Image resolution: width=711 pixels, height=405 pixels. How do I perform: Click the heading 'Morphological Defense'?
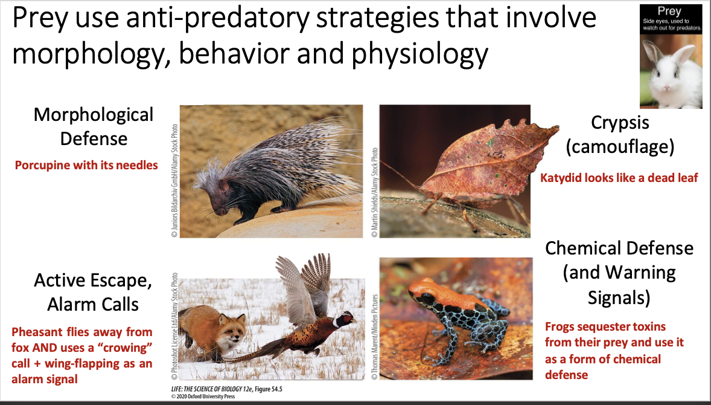click(94, 126)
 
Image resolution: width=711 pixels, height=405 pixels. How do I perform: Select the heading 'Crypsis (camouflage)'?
click(620, 134)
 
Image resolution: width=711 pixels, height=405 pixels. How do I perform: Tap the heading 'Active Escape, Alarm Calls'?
click(94, 293)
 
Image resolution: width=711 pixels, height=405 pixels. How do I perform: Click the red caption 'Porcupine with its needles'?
click(86, 165)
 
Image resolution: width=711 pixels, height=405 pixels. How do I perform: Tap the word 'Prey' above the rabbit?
click(670, 11)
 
